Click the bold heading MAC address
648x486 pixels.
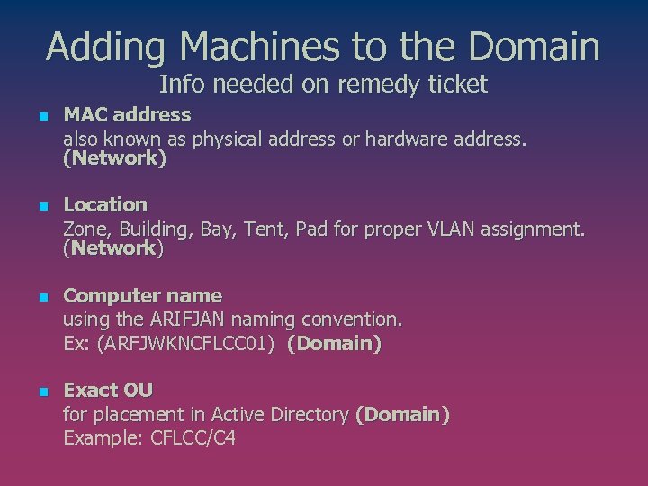pos(127,115)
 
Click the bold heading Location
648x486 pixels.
pos(105,205)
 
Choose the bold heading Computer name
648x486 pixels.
pos(142,296)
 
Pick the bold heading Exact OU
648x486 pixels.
pos(108,391)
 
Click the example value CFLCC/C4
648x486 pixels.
pos(193,438)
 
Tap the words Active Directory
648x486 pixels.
pos(280,415)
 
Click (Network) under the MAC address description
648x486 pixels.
pos(114,159)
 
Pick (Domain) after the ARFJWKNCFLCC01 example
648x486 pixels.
pos(334,343)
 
